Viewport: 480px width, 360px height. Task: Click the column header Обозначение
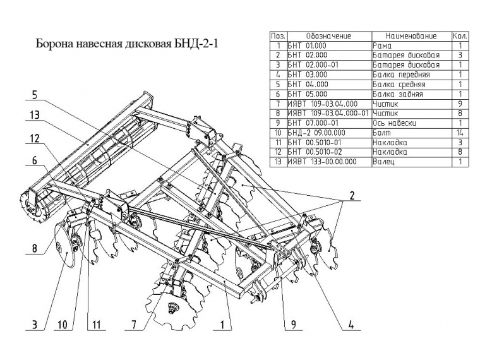[x=328, y=36]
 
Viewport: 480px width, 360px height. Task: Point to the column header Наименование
[x=411, y=36]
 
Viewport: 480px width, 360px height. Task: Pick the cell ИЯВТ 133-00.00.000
[x=322, y=162]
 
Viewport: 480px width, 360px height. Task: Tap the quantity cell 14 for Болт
[x=460, y=133]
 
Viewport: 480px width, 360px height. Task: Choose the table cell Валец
[x=384, y=162]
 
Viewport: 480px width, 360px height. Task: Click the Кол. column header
[x=460, y=36]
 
